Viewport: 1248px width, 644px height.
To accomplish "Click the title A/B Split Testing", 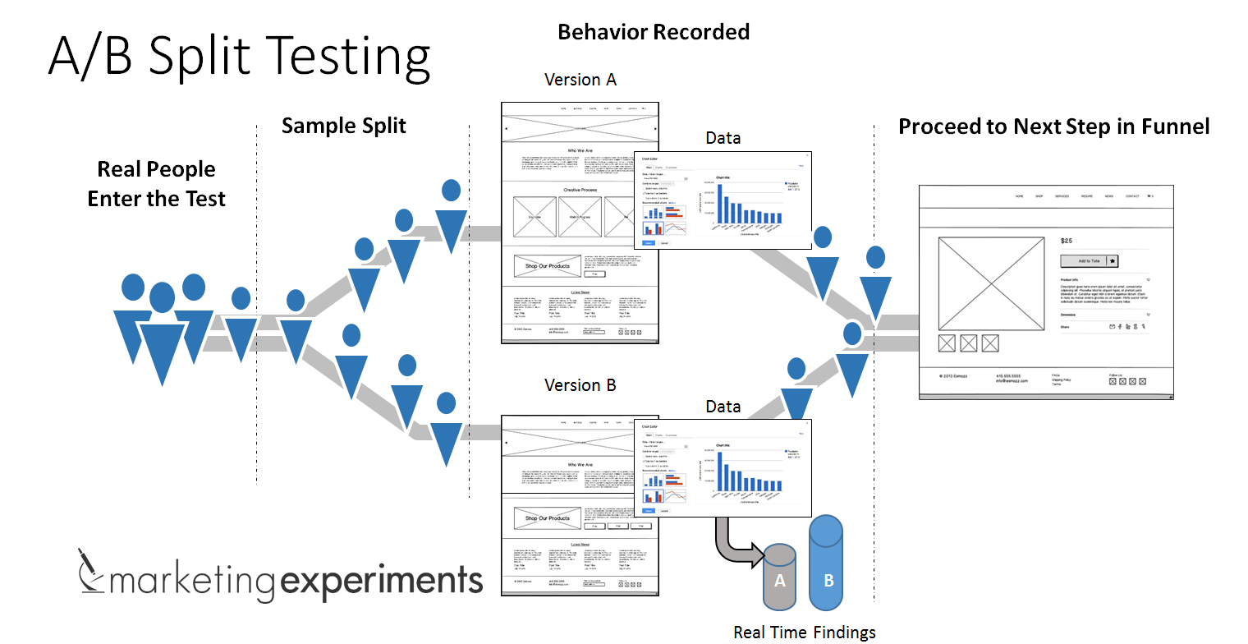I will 239,57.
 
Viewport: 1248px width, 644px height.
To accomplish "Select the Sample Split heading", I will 344,126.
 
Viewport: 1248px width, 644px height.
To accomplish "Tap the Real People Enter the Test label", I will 156,184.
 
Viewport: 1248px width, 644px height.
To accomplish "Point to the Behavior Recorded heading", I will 654,32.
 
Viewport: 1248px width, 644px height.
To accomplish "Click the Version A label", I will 580,80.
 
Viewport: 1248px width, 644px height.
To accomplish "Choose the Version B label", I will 580,385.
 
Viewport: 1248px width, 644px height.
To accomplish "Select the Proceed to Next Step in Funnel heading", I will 1053,126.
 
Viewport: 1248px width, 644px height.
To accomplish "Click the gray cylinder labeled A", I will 780,579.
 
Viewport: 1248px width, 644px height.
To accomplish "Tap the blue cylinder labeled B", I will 828,567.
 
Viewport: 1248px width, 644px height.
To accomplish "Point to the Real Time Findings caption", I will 804,632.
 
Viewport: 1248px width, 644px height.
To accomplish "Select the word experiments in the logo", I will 381,581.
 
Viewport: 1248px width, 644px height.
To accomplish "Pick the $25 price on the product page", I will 1067,241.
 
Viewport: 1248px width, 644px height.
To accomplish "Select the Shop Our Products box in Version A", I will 547,267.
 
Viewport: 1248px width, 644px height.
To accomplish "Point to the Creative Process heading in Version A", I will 580,190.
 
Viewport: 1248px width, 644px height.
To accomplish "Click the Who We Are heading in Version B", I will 580,465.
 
